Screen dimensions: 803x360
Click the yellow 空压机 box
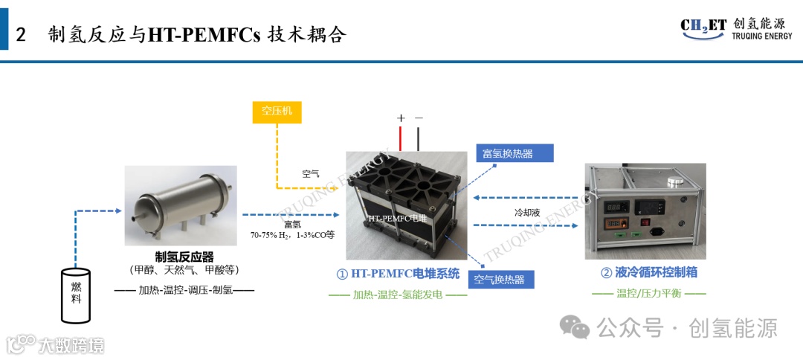coord(277,112)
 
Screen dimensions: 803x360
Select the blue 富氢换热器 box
coord(514,153)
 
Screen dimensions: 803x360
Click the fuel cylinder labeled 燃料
coord(76,297)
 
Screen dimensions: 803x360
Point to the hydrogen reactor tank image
coord(181,205)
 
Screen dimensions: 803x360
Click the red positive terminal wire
coord(401,138)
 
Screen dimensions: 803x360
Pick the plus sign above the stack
coord(401,118)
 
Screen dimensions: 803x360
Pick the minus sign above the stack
coord(419,118)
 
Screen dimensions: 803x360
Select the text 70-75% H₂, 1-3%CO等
coord(292,234)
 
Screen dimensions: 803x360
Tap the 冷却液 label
coord(526,213)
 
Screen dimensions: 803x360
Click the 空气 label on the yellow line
coord(310,174)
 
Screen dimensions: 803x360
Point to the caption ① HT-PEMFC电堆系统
coord(398,273)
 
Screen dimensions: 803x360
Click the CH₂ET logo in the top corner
coord(703,27)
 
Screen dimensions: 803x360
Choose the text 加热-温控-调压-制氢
coord(184,289)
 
